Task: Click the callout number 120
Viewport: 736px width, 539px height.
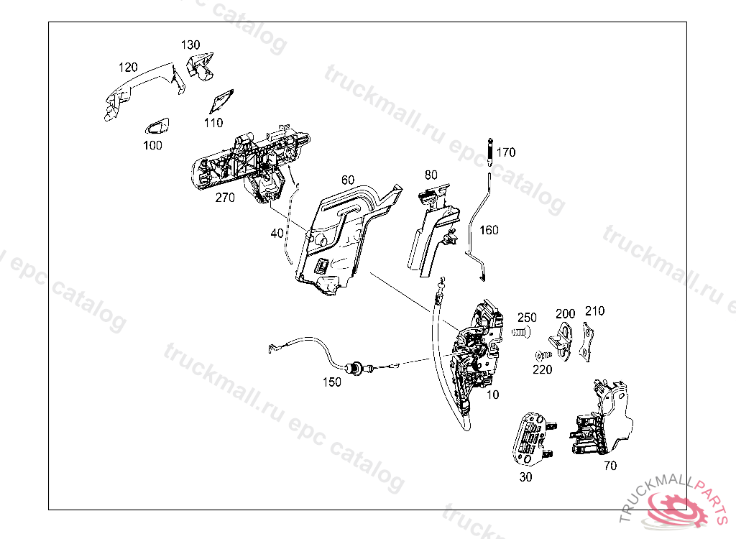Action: (x=128, y=68)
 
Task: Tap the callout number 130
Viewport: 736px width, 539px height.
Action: (x=190, y=45)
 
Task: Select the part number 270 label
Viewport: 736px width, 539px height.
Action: (x=225, y=198)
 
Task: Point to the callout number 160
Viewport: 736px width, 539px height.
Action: (x=489, y=230)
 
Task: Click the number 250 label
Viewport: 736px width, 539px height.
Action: (x=527, y=318)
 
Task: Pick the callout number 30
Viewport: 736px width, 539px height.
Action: (x=525, y=476)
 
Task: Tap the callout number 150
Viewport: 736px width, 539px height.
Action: (x=332, y=382)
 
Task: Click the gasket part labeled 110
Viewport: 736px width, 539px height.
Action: (x=221, y=101)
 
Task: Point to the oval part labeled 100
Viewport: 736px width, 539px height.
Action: (x=157, y=126)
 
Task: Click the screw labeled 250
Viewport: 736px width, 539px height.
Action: (x=520, y=333)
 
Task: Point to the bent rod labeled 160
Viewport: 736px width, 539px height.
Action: (x=475, y=223)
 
